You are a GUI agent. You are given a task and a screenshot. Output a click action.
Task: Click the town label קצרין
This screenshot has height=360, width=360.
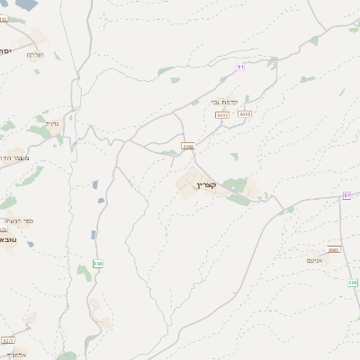206,184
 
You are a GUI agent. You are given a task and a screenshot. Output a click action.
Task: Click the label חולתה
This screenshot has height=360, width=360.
35,55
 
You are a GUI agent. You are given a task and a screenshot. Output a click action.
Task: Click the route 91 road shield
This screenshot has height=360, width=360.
240,67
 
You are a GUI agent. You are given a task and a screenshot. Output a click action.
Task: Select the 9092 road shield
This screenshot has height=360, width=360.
222,114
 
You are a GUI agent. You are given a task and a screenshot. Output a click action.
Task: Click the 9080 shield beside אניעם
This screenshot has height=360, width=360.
334,250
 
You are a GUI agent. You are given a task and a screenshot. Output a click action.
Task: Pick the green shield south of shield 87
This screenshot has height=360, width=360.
353,282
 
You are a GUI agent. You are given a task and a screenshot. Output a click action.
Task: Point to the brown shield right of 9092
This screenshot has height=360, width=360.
246,114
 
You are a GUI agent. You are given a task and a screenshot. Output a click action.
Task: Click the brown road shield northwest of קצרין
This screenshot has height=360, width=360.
187,145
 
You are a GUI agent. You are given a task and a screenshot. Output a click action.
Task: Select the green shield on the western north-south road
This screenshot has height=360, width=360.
98,264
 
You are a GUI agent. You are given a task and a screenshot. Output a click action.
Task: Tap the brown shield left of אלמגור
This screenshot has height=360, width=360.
8,341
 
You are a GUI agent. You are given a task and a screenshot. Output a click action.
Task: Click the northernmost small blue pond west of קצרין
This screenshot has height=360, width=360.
94,184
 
